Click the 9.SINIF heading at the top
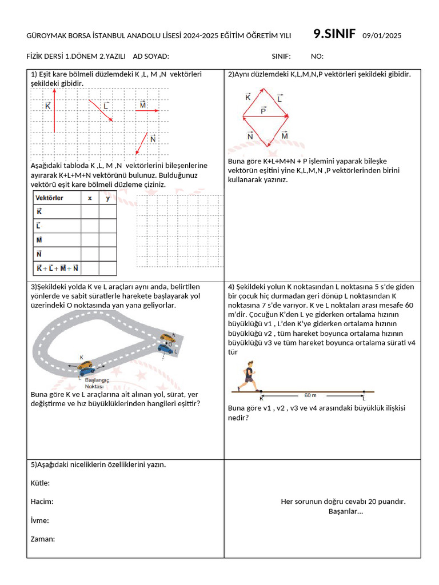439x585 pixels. pyautogui.click(x=335, y=34)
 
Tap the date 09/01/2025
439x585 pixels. pyautogui.click(x=382, y=36)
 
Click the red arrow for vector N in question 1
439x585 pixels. pyautogui.click(x=141, y=143)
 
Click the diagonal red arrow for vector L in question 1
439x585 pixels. pyautogui.click(x=101, y=111)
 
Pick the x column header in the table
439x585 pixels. pyautogui.click(x=90, y=198)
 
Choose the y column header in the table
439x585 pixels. pyautogui.click(x=107, y=198)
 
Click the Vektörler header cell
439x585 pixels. pyautogui.click(x=50, y=198)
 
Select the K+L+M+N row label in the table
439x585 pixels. pyautogui.click(x=57, y=268)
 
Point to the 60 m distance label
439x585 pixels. pyautogui.click(x=310, y=395)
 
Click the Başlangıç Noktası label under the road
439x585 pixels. pyautogui.click(x=97, y=383)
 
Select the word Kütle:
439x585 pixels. pyautogui.click(x=40, y=483)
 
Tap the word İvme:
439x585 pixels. pyautogui.click(x=39, y=520)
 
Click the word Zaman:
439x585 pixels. pyautogui.click(x=42, y=539)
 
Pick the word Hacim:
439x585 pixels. pyautogui.click(x=42, y=502)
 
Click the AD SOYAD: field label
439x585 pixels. pyautogui.click(x=151, y=56)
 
